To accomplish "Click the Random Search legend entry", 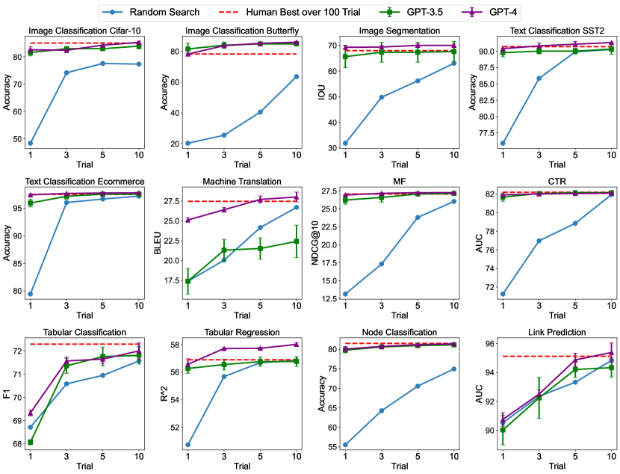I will click(x=161, y=11).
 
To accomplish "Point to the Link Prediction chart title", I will click(x=556, y=331).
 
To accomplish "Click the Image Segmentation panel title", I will click(x=397, y=31).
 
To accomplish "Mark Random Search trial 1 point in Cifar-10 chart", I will click(x=30, y=143).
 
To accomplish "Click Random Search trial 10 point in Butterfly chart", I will click(x=297, y=76).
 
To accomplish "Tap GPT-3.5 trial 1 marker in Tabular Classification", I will click(x=30, y=442).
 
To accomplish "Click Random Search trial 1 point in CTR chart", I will click(x=503, y=294).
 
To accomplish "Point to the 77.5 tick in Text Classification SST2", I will click(x=480, y=133).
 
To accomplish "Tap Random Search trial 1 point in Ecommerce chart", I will click(x=30, y=294).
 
